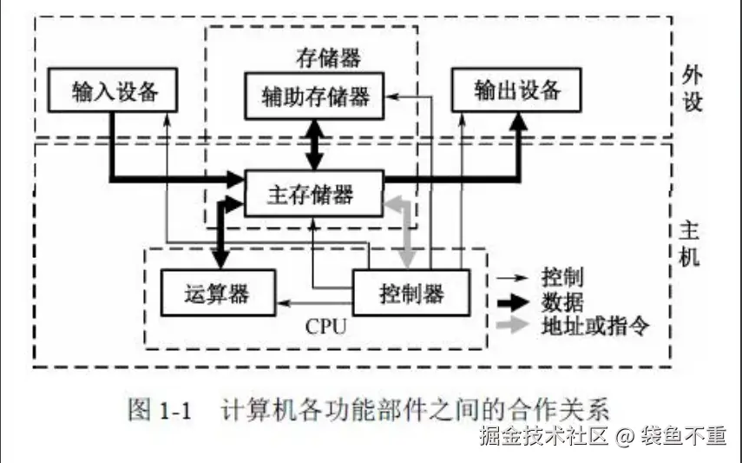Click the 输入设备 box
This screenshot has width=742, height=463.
coord(113,90)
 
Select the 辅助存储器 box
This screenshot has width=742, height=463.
coord(314,96)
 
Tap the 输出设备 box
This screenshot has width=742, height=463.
coord(516,90)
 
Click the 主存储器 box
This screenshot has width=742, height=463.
coord(314,194)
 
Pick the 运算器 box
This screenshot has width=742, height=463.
coord(218,293)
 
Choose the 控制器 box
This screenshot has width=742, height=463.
coord(411,293)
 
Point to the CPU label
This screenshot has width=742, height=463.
coord(325,327)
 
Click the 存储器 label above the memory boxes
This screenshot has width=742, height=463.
coord(328,58)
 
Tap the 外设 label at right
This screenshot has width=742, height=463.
coord(692,89)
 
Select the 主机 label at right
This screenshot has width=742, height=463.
coord(689,243)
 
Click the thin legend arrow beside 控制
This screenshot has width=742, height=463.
coord(512,278)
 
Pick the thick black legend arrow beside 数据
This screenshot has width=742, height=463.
coord(513,302)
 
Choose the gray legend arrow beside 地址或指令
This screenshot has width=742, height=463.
coord(513,325)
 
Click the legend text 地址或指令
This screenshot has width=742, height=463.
coord(595,326)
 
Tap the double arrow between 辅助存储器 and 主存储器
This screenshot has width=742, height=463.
coord(314,144)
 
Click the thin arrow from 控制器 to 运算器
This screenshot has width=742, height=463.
coord(315,303)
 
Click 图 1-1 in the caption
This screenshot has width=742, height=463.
coord(160,409)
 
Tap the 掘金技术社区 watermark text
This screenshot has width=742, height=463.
coord(543,436)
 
